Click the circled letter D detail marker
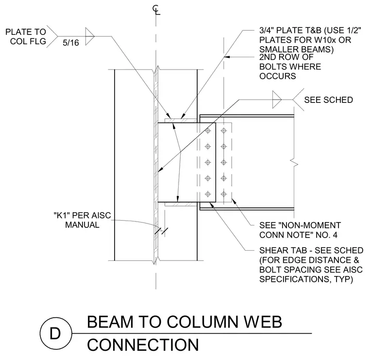point(55,333)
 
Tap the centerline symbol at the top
point(156,10)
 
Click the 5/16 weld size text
point(71,43)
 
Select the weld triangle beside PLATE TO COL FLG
point(90,36)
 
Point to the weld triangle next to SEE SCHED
point(277,100)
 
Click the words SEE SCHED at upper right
point(329,100)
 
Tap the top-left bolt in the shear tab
point(208,131)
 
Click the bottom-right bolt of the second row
point(223,194)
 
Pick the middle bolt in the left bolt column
point(208,162)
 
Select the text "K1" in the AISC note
point(62,215)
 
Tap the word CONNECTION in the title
point(143,345)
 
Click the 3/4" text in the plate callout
point(266,31)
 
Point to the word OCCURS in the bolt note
point(277,76)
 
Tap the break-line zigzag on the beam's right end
point(294,163)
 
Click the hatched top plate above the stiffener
point(181,121)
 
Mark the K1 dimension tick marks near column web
point(161,231)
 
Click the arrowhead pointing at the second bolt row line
point(226,57)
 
